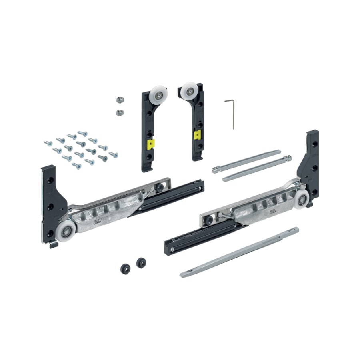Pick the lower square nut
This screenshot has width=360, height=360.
coord(119,112)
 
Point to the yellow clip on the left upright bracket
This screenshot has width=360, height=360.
coord(150,143)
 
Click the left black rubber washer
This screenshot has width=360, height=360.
coord(125,268)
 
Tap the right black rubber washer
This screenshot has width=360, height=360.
coord(141,262)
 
